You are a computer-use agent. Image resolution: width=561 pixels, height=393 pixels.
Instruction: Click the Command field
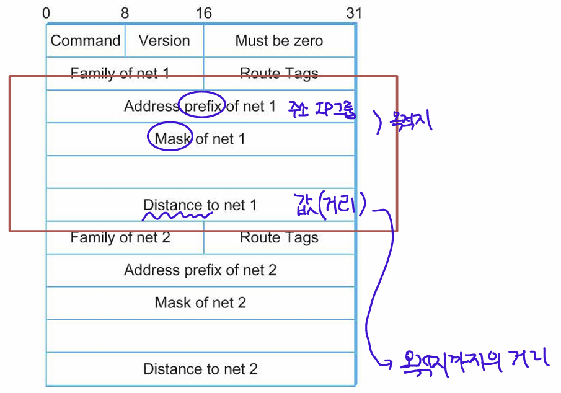click(86, 41)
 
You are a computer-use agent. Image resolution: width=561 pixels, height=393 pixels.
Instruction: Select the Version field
click(164, 41)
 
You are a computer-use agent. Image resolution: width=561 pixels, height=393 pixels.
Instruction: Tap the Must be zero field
click(279, 41)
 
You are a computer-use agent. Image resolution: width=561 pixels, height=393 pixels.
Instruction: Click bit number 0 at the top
click(48, 13)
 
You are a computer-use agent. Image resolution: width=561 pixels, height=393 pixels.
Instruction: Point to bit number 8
click(125, 13)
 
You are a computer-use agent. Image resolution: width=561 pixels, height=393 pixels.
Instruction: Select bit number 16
click(203, 13)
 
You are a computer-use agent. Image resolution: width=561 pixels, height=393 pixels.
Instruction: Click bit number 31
click(354, 13)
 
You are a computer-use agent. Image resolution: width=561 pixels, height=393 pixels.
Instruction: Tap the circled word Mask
click(171, 138)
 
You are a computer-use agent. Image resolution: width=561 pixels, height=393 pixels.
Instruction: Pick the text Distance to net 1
click(200, 205)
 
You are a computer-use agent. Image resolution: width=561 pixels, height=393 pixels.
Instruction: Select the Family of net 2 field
click(120, 237)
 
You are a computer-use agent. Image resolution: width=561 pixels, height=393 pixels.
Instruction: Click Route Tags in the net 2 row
click(279, 237)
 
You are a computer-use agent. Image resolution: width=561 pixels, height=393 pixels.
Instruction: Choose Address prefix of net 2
click(200, 270)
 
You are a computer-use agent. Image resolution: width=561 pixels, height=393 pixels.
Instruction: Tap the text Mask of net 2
click(200, 303)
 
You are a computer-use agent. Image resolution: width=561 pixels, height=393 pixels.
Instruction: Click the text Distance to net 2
click(200, 369)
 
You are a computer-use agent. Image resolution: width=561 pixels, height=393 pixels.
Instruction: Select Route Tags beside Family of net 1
click(279, 73)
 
